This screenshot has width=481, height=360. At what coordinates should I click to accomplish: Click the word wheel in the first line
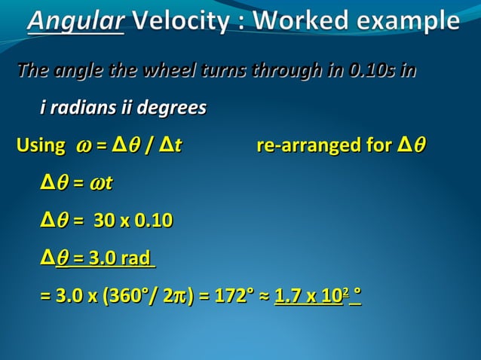(x=173, y=72)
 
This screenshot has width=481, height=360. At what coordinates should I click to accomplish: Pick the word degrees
(x=170, y=108)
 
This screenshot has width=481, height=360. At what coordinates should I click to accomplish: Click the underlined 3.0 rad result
(x=110, y=258)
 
